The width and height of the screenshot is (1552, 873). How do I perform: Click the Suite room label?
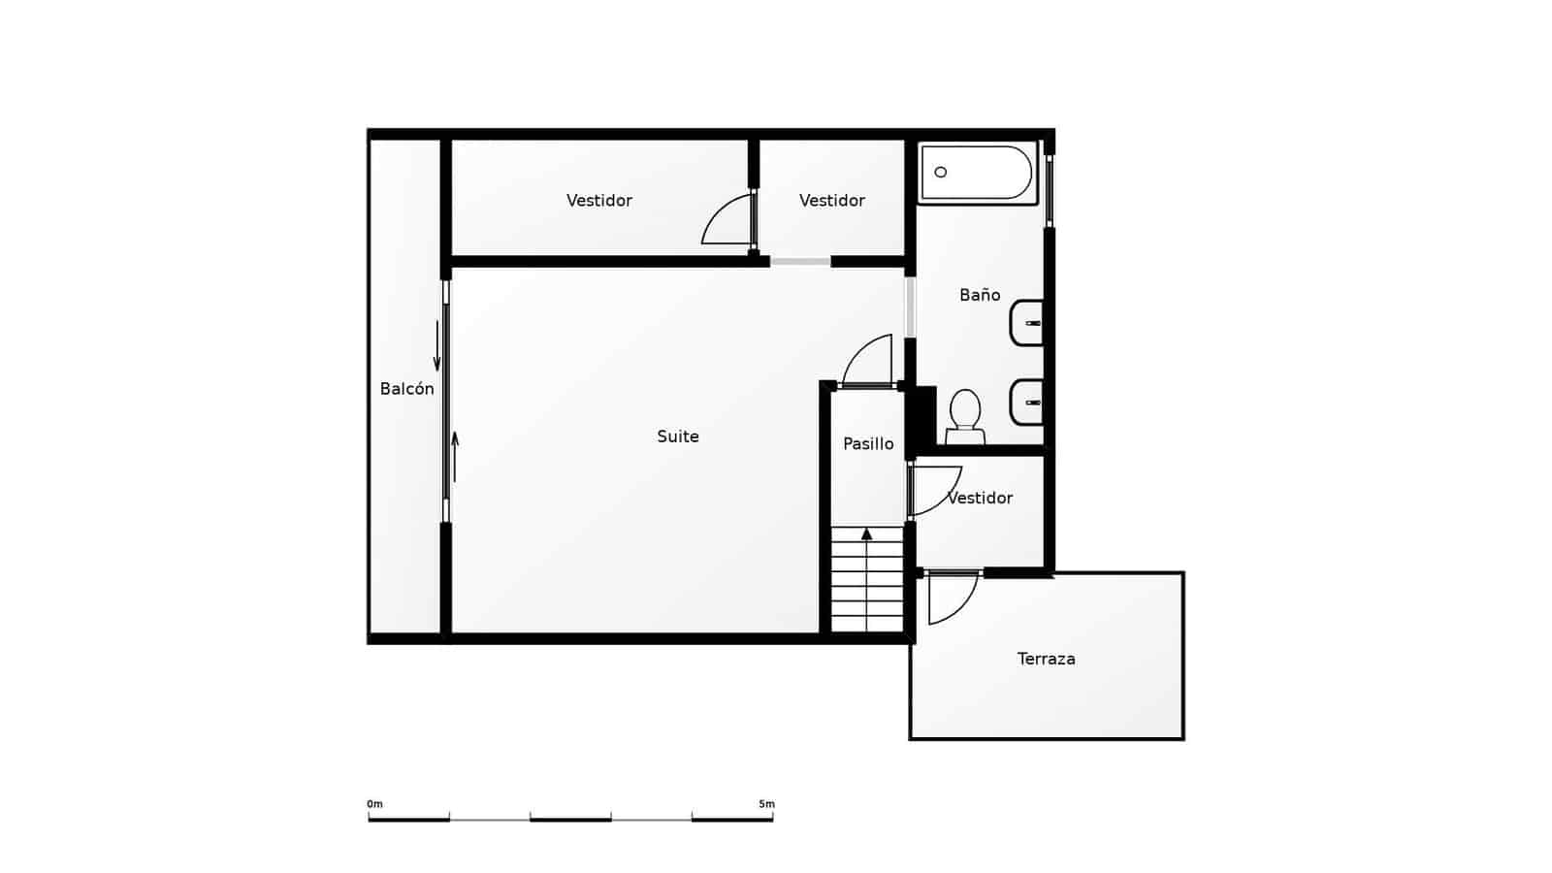678,436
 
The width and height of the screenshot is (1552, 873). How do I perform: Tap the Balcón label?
406,389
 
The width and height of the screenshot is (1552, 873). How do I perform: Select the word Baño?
980,295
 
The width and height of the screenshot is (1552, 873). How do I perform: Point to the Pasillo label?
868,443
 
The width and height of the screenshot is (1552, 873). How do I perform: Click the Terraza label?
1046,659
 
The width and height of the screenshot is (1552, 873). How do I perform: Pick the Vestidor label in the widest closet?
599,201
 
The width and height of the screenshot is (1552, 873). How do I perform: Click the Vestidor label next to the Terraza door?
980,498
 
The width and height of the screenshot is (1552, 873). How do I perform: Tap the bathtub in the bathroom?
977,173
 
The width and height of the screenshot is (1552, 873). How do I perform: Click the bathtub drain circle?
940,172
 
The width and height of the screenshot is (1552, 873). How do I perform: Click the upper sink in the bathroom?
1027,323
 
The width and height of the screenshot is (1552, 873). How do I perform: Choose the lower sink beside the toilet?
1027,402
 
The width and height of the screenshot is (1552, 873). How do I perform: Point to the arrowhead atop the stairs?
867,533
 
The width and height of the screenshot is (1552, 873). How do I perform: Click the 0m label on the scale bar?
374,804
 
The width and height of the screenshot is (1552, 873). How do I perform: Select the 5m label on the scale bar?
766,804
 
